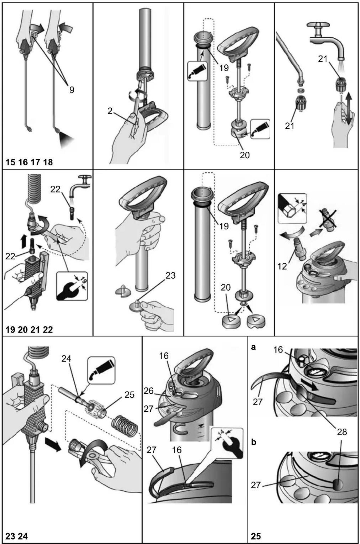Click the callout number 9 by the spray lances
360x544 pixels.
click(x=72, y=90)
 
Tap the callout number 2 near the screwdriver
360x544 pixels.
click(x=110, y=111)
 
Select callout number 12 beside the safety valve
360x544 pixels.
click(x=282, y=266)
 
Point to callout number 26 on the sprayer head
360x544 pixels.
click(x=149, y=391)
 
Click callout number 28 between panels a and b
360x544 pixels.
click(x=342, y=432)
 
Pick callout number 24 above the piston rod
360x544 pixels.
click(x=66, y=359)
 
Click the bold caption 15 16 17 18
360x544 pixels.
click(x=29, y=162)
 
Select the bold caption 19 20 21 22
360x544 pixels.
click(x=29, y=330)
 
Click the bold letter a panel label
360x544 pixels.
click(x=254, y=347)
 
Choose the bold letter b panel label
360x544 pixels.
click(x=254, y=442)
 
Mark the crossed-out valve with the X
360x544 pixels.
click(x=328, y=218)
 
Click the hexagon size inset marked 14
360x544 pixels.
click(x=292, y=208)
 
